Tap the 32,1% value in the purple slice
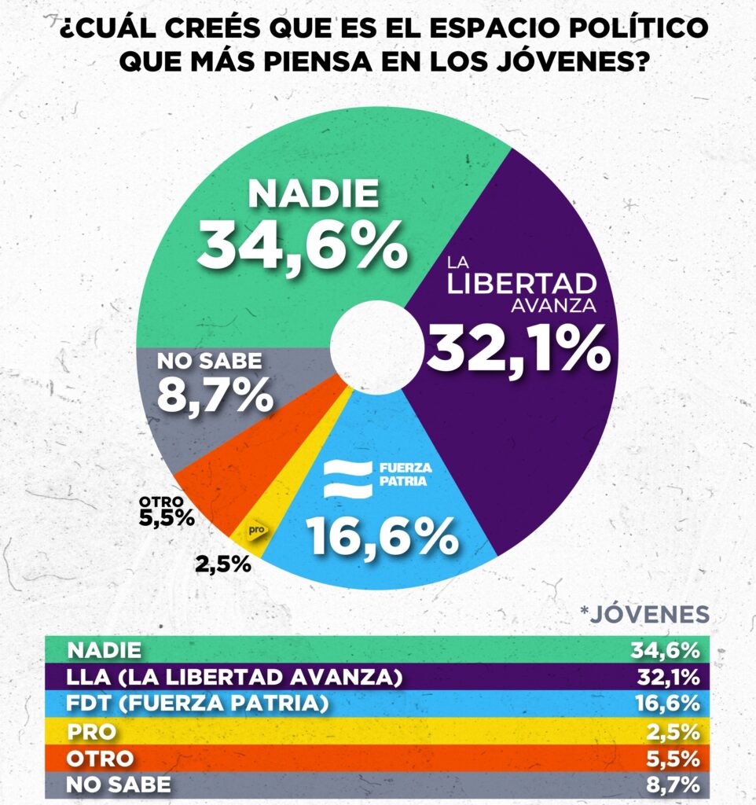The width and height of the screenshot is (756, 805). click(x=518, y=348)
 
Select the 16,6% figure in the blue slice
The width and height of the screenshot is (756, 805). click(x=383, y=536)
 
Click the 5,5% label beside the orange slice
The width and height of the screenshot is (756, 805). click(x=166, y=517)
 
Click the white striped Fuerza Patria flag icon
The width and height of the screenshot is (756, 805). click(x=347, y=477)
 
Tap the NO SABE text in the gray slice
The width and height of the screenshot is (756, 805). click(x=208, y=362)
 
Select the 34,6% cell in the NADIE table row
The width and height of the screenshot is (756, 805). click(x=665, y=650)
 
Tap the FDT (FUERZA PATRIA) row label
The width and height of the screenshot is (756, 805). click(x=197, y=704)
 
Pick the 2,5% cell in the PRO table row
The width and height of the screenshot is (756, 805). click(x=675, y=731)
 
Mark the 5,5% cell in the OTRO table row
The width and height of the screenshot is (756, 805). click(x=675, y=758)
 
